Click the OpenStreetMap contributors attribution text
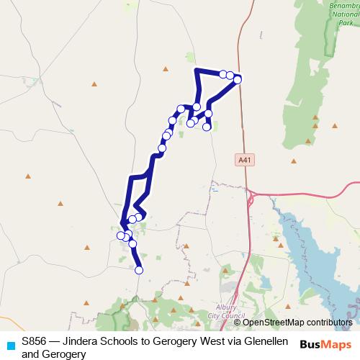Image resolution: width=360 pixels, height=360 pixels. click(297, 322)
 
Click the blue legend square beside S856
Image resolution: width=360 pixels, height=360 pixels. click(9, 344)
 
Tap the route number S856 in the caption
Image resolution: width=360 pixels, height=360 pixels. click(35, 340)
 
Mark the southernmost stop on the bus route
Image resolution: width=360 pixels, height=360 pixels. click(139, 270)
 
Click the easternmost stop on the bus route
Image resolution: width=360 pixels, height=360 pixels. click(238, 79)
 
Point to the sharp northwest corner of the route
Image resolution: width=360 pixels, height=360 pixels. click(197, 70)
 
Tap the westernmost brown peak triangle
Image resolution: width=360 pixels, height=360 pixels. click(28, 175)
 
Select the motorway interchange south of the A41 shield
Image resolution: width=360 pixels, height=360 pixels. click(251, 194)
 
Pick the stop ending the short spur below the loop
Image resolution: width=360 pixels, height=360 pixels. click(207, 127)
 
